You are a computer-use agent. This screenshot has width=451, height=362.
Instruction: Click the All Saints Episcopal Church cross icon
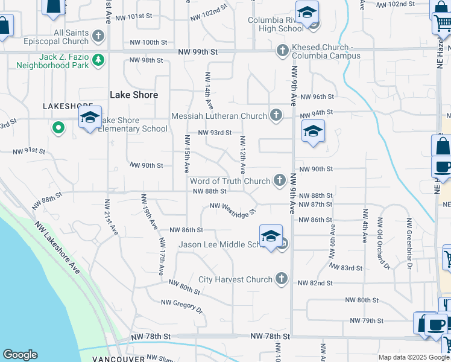(98, 36)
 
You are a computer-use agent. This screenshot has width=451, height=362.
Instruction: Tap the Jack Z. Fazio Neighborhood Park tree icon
(98, 60)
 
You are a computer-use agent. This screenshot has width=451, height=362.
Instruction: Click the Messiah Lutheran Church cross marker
(276, 115)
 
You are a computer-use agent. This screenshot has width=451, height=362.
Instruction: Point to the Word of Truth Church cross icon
(280, 180)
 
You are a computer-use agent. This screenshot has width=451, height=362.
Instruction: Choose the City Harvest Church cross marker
(281, 279)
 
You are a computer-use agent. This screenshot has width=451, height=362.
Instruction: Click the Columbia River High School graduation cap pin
(307, 13)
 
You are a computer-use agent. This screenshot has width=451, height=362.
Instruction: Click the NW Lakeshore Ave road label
(57, 247)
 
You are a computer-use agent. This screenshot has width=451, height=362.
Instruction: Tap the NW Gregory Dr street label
(181, 306)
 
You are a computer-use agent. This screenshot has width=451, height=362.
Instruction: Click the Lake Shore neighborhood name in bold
(134, 95)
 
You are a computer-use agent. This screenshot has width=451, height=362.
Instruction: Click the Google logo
(20, 355)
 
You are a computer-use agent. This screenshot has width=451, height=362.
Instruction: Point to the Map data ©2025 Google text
(414, 357)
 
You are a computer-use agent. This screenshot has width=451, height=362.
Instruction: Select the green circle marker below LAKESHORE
(58, 127)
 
